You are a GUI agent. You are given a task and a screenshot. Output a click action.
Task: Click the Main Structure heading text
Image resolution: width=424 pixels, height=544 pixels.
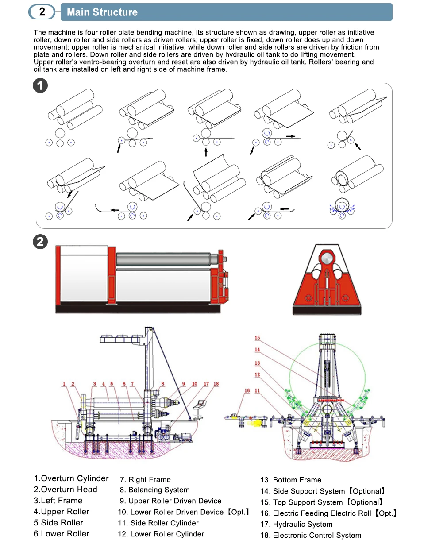(x=102, y=12)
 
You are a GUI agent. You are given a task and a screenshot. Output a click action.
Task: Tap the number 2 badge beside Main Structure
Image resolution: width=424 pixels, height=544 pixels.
(x=42, y=12)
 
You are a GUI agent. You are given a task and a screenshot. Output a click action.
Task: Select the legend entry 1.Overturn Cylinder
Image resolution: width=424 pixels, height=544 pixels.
(x=71, y=478)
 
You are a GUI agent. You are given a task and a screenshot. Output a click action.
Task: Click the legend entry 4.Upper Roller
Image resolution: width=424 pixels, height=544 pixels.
(x=62, y=512)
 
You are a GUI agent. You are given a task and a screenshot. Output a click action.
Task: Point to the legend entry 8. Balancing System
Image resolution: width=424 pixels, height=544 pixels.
(x=154, y=490)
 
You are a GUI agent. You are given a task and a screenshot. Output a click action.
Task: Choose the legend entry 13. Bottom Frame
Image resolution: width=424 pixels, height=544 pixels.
(x=291, y=480)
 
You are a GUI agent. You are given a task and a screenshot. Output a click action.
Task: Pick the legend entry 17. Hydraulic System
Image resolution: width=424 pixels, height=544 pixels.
(x=297, y=525)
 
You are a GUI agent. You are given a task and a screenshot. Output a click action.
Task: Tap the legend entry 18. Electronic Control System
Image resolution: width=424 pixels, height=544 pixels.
(x=311, y=536)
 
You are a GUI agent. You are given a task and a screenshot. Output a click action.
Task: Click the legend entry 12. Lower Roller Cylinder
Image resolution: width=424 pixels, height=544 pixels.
(x=161, y=534)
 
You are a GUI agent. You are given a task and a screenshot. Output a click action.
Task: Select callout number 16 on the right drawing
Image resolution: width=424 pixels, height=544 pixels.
(x=247, y=391)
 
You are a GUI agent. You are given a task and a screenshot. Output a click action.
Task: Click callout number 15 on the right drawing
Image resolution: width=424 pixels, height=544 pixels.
(x=258, y=338)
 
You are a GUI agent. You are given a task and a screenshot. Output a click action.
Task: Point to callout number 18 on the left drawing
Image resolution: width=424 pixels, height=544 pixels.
(x=216, y=384)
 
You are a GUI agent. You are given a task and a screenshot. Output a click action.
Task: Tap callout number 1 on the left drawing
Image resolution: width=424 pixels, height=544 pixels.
(x=64, y=384)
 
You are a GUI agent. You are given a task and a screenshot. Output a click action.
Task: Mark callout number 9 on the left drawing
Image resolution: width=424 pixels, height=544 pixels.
(x=183, y=384)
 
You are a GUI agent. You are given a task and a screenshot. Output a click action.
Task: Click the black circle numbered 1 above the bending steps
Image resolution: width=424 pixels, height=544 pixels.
(x=41, y=86)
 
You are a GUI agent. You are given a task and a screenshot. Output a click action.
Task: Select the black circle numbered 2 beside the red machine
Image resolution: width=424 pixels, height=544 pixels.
(x=41, y=242)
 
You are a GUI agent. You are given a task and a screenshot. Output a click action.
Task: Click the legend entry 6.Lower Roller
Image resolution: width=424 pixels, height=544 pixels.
(x=62, y=534)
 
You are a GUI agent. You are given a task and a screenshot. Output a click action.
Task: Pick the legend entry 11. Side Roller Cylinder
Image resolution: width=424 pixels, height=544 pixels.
(x=158, y=523)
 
